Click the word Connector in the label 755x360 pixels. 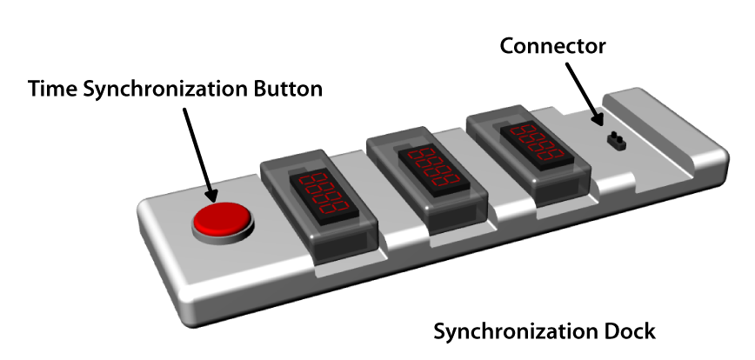(552, 45)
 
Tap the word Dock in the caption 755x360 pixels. (630, 331)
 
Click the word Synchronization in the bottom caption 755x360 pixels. (513, 331)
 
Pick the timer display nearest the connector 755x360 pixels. (534, 139)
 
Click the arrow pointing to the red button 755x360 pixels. (198, 148)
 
